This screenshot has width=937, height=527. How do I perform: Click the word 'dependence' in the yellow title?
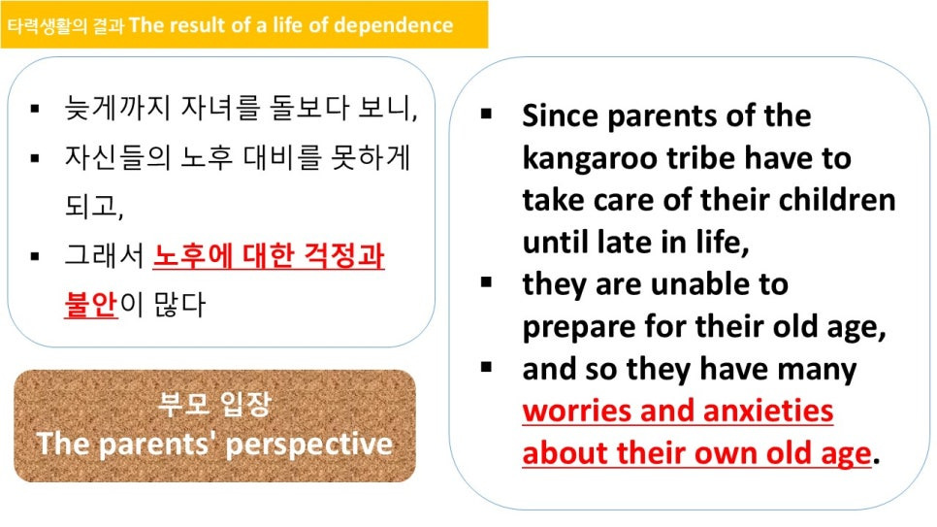(393, 25)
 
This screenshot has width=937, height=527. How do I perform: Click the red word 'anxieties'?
(768, 411)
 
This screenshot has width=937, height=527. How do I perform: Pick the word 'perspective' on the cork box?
(309, 445)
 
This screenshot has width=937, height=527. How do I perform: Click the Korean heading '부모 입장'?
(214, 404)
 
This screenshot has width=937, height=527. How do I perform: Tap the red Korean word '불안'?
(91, 304)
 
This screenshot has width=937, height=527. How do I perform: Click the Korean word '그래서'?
(104, 255)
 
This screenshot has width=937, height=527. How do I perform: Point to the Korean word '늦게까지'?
(117, 109)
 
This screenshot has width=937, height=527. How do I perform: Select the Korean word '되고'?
(93, 207)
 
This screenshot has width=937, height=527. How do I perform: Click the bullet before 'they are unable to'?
(486, 282)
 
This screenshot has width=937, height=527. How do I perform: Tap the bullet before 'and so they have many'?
(486, 367)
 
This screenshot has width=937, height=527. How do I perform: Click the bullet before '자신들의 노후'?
(35, 158)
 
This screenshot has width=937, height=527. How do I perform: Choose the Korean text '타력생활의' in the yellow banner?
(47, 26)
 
